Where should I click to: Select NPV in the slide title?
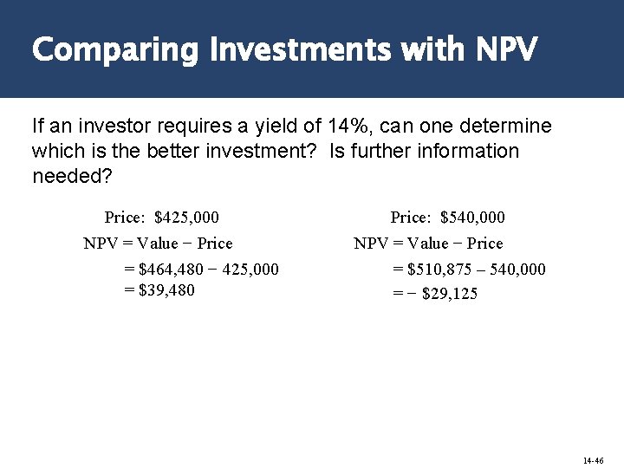tap(506, 49)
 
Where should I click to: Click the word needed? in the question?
tap(72, 176)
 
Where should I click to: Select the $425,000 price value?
tap(186, 217)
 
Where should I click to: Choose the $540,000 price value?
tap(472, 217)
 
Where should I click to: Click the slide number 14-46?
tap(593, 460)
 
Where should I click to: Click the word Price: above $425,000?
tap(124, 217)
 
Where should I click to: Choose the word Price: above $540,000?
tap(410, 217)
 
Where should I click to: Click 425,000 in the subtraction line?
tap(250, 270)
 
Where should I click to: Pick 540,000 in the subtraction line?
tap(517, 270)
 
